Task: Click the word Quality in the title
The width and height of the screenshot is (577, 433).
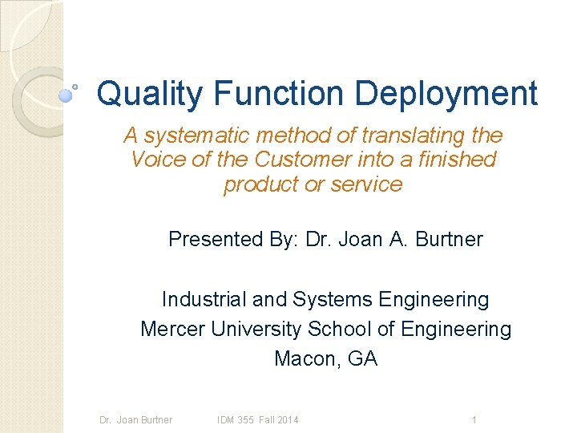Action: click(x=150, y=95)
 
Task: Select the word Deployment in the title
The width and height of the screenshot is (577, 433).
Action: click(x=446, y=95)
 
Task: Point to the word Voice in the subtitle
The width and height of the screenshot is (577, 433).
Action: click(x=155, y=159)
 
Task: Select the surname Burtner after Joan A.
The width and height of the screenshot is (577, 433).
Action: click(x=450, y=239)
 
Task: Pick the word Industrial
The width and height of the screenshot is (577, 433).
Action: click(x=204, y=299)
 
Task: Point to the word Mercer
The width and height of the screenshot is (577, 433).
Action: click(x=172, y=329)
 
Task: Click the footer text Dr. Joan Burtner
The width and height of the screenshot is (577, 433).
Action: click(x=135, y=420)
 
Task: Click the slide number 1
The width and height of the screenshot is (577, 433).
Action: click(x=474, y=420)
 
